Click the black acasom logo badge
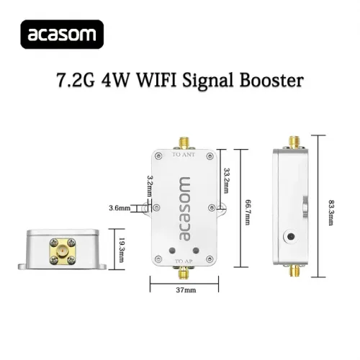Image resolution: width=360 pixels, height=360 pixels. tap(62, 35)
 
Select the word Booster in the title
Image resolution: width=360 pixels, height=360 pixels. tap(271, 80)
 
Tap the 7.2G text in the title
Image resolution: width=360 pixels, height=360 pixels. tap(76, 81)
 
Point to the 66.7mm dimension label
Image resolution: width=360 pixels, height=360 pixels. tap(247, 212)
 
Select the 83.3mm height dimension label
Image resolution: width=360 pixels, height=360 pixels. tap(330, 212)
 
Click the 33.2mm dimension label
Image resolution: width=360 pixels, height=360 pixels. tap(226, 181)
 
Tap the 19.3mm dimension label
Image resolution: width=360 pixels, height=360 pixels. tap(122, 250)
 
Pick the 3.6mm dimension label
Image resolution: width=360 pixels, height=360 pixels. tap(120, 208)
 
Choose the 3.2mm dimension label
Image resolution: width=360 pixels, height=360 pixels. tap(150, 186)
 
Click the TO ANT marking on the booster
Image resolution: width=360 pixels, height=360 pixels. tap(184, 155)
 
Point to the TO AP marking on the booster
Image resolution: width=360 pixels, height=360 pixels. tap(184, 261)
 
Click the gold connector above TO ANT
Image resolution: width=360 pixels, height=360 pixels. tap(184, 143)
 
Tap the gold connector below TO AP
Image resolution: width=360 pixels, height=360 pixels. tap(184, 273)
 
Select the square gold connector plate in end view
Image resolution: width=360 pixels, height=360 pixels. tap(63, 251)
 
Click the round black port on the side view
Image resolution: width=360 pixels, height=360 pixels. tap(291, 237)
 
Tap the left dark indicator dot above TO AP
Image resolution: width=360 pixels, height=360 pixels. tap(172, 251)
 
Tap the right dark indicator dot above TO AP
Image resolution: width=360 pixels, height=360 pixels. tap(196, 251)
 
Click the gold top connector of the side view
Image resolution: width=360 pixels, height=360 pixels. tap(294, 143)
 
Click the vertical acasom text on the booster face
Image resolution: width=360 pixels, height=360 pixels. tap(184, 209)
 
